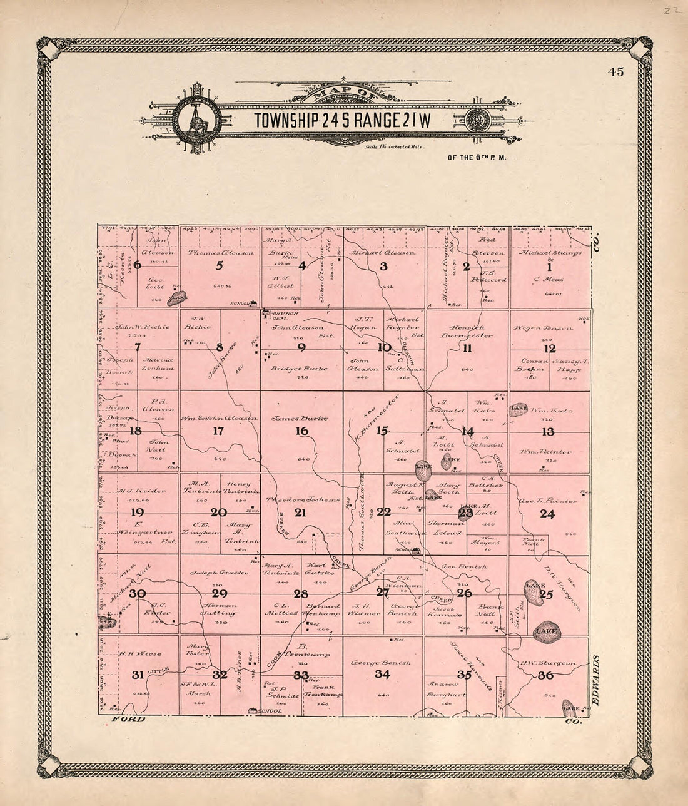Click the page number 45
pos(615,72)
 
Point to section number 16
pos(302,431)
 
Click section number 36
pos(545,675)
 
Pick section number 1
pos(549,267)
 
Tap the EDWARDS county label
pos(595,681)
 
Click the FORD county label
pos(129,719)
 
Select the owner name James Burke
pos(303,417)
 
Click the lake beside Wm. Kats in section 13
pos(519,409)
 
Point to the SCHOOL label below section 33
pos(273,712)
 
